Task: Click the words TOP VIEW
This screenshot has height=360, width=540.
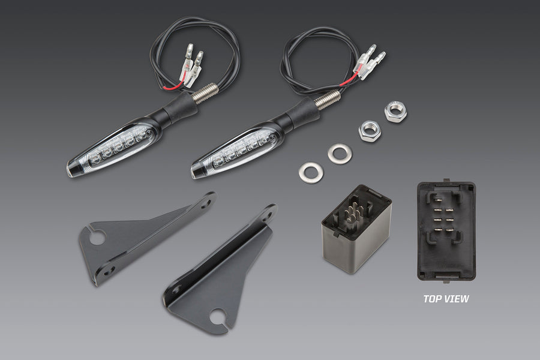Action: (446, 299)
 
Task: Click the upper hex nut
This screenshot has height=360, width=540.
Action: (396, 111)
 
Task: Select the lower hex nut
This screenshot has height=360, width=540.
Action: (370, 131)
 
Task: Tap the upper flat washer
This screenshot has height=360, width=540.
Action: (340, 154)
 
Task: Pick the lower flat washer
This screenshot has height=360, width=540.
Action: (311, 173)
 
